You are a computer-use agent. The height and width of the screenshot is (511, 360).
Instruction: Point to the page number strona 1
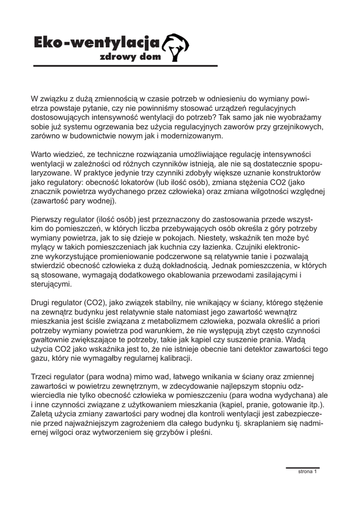[307, 471]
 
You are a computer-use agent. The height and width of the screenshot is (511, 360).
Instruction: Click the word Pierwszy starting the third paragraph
[47, 220]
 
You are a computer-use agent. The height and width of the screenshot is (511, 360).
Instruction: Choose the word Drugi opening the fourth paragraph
[42, 302]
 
